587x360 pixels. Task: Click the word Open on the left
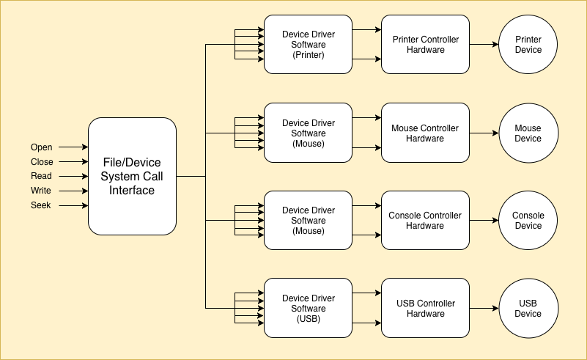point(42,147)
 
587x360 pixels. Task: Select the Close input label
point(42,162)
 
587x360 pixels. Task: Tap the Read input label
point(41,176)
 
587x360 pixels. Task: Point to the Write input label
point(41,191)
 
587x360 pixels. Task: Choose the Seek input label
point(41,205)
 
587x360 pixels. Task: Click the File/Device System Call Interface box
point(132,177)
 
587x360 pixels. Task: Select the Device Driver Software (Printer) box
point(308,45)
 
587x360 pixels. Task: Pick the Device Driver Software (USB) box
point(308,308)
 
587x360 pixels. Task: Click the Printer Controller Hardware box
point(425,45)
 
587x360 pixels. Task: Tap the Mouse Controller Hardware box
point(425,133)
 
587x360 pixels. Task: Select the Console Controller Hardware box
point(425,220)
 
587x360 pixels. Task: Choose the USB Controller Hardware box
point(425,308)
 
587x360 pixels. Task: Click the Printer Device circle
point(528,45)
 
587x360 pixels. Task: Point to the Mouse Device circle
point(528,133)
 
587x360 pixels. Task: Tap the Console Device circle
point(528,220)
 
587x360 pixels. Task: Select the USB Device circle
point(528,308)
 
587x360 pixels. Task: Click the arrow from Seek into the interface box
point(73,205)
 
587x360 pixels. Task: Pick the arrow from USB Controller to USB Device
point(484,308)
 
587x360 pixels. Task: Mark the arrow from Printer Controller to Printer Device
point(484,45)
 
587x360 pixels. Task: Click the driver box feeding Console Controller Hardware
point(308,220)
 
